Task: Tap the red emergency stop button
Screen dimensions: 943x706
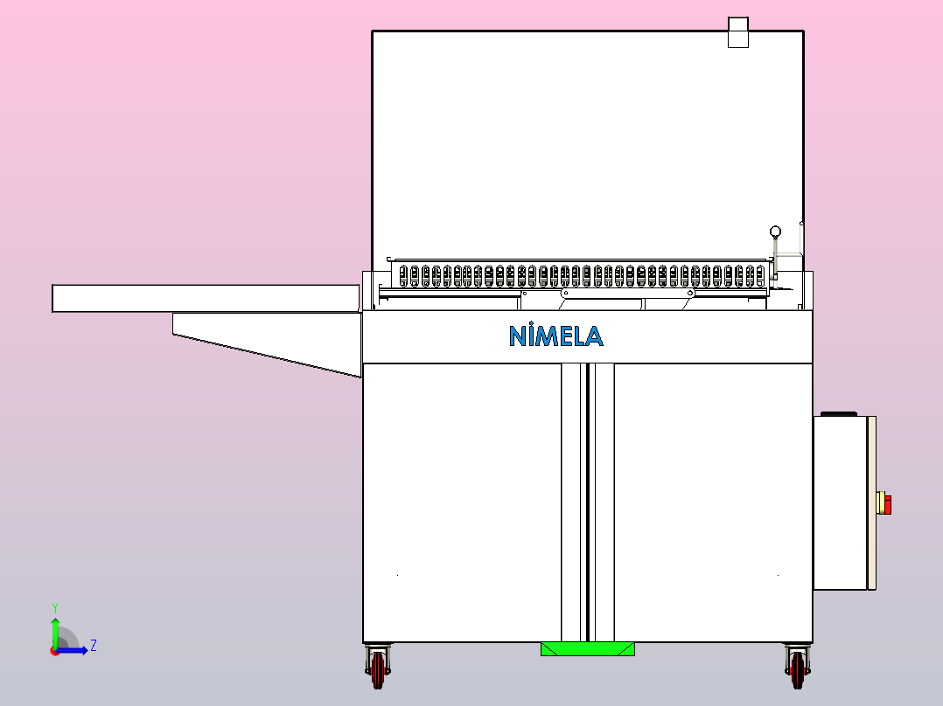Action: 887,505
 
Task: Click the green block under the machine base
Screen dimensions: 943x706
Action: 588,649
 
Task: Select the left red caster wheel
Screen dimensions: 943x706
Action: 378,669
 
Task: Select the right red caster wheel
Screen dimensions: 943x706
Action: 798,669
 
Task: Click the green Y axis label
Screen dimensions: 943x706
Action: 55,608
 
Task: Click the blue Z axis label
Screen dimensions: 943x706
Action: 94,646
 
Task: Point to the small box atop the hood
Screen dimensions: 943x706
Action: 738,31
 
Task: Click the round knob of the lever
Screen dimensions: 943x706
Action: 775,232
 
